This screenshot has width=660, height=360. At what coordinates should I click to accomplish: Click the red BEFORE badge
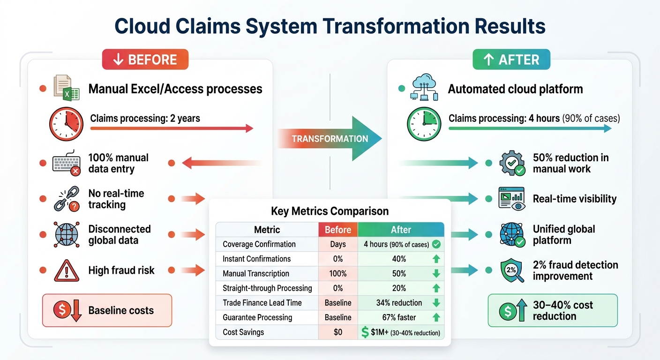[145, 60]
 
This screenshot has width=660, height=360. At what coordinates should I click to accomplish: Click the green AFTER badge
[511, 60]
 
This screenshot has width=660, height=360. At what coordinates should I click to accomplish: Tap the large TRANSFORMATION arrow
[330, 138]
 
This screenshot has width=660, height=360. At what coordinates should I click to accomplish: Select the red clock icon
[67, 125]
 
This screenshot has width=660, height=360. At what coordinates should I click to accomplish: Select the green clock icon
[424, 125]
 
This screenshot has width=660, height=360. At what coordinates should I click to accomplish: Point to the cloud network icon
[424, 88]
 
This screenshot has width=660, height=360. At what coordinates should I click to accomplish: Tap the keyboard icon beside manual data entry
[67, 164]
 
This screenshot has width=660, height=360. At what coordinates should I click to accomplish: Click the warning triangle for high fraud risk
[67, 270]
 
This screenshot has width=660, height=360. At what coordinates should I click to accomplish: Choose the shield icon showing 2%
[512, 270]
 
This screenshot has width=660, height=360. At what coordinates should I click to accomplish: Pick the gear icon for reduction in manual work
[512, 164]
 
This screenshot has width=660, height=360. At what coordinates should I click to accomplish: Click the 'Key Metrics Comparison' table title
[330, 211]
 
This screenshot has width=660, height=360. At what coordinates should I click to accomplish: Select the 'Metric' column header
[267, 230]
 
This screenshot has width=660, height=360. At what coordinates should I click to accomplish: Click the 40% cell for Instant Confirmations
[398, 259]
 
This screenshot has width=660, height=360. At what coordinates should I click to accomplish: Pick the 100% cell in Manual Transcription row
[337, 274]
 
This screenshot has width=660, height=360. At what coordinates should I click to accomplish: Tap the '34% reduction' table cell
[398, 303]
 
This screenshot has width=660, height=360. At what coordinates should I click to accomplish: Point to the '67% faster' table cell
[398, 317]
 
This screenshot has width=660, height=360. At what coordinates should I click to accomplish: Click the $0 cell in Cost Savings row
[337, 332]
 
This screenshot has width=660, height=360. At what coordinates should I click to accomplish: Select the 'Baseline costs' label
[121, 310]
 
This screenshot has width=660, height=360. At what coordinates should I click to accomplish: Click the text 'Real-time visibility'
[575, 199]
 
